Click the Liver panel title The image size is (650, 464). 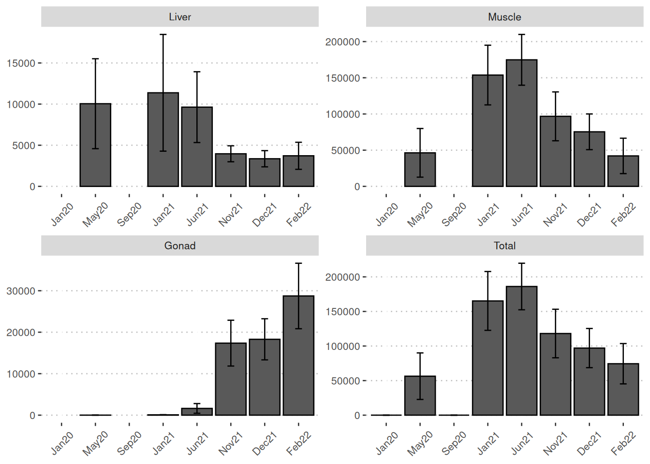(x=180, y=17)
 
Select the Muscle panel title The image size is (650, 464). (x=504, y=17)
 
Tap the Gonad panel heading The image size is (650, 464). (x=180, y=246)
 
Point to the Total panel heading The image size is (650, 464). (x=504, y=246)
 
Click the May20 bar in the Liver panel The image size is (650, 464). (x=95, y=145)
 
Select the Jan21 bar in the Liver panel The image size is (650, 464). (x=163, y=140)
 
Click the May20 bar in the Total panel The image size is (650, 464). (x=420, y=396)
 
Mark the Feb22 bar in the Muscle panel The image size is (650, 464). (x=623, y=171)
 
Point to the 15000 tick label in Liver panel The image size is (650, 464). (x=21, y=63)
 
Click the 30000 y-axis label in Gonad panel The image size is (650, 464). (x=21, y=291)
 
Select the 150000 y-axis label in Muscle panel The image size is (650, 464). (x=342, y=78)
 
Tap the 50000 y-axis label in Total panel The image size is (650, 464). (x=345, y=381)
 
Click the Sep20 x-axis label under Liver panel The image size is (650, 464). (x=130, y=214)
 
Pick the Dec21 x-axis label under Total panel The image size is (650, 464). (x=589, y=443)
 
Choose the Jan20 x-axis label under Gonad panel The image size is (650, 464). (x=62, y=443)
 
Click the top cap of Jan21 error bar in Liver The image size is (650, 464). (x=163, y=35)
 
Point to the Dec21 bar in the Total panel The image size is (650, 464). (x=589, y=382)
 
